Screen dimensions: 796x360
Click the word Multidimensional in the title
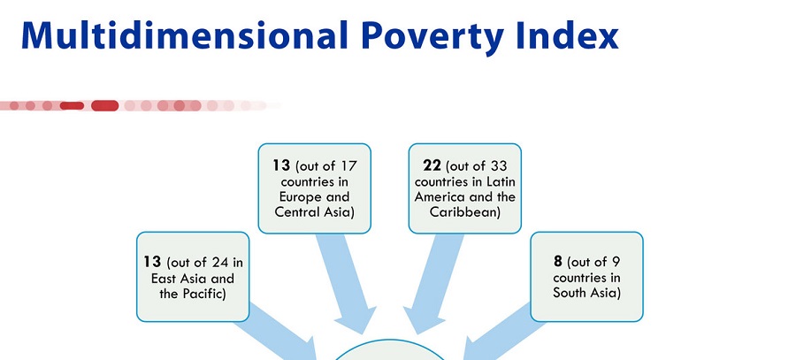click(x=185, y=35)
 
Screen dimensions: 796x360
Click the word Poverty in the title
click(x=434, y=36)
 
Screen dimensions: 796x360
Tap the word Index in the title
click(x=568, y=35)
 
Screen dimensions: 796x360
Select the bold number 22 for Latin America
click(x=432, y=165)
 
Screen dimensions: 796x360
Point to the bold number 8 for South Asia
click(x=558, y=261)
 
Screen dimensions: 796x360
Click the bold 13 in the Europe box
click(x=280, y=165)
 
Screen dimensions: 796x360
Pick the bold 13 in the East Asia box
click(x=152, y=262)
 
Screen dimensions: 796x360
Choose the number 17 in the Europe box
click(x=348, y=166)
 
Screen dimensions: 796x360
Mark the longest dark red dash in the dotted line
click(x=104, y=105)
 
